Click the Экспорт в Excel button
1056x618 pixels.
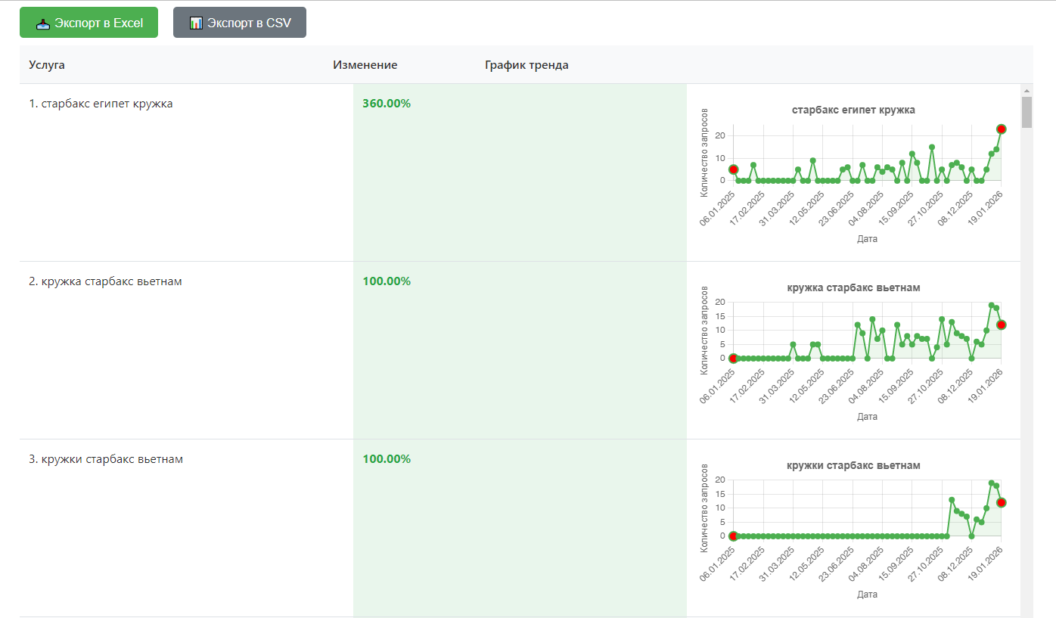[x=89, y=22]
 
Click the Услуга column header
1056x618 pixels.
[x=47, y=64]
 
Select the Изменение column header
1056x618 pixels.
[x=365, y=64]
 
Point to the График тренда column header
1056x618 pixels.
[x=526, y=65]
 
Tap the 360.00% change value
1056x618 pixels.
[x=387, y=103]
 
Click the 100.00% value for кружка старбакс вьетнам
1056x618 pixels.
[x=387, y=281]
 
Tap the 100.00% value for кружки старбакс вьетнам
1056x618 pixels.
[x=387, y=458]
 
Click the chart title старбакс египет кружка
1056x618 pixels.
[x=853, y=110]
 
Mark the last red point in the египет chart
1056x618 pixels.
[x=1002, y=129]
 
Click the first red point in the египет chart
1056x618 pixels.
[x=734, y=169]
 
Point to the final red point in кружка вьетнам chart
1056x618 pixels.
[x=1002, y=325]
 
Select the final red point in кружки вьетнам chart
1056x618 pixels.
[x=1002, y=502]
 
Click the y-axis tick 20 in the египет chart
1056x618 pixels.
[x=720, y=135]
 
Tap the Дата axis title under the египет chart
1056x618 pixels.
[x=867, y=238]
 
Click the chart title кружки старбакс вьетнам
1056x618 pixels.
[x=853, y=465]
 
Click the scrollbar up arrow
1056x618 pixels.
[x=1026, y=91]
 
